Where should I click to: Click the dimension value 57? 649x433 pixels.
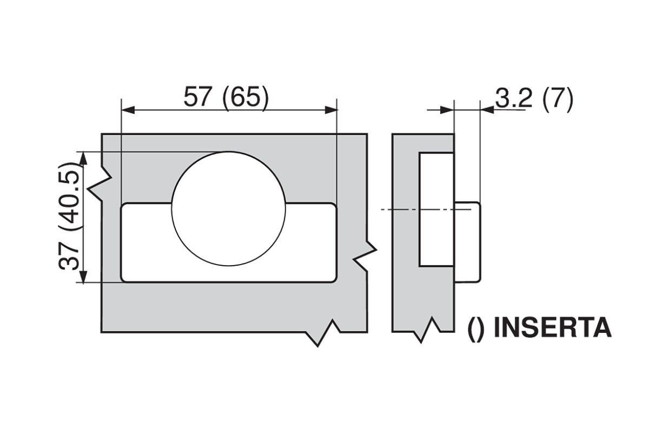tap(198, 98)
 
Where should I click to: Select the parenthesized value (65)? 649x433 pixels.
tap(246, 98)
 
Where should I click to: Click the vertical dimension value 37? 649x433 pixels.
tap(71, 255)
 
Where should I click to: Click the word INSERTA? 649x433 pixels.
tap(553, 328)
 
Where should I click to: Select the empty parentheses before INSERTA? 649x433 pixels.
tap(476, 329)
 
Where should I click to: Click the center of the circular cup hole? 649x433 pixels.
tap(228, 208)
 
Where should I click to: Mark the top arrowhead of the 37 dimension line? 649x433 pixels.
tap(83, 158)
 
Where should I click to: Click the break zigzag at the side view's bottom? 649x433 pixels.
tap(427, 330)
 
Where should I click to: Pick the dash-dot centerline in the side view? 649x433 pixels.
tap(416, 209)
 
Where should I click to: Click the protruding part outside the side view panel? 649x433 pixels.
tap(467, 242)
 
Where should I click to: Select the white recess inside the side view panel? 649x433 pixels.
tap(436, 209)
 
